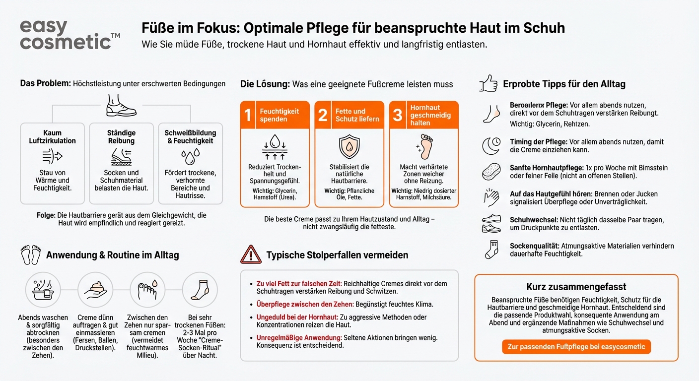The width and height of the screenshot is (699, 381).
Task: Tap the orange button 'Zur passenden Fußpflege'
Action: pos(576,346)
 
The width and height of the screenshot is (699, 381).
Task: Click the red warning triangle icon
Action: pos(251,254)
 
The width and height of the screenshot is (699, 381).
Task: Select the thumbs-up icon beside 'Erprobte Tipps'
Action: pos(488,83)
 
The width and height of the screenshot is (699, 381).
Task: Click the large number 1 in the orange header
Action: pos(248,115)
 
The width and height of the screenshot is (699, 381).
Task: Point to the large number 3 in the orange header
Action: pos(397,115)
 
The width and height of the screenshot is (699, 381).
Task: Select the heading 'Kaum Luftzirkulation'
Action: pos(52,136)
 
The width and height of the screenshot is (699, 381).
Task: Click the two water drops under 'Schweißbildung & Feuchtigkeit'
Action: pos(190,157)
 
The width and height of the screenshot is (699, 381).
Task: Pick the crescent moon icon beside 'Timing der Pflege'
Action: pos(491,145)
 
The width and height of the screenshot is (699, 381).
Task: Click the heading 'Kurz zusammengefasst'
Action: pos(576,287)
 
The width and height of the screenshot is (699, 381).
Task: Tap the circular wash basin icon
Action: pos(43,290)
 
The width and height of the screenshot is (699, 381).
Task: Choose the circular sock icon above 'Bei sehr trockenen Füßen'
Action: pos(200,290)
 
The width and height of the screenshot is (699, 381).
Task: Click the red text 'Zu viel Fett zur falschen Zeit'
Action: pos(298,284)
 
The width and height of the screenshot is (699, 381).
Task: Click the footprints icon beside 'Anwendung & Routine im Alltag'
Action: pos(31,254)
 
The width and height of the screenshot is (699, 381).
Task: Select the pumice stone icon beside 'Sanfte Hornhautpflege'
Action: pos(491,172)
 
